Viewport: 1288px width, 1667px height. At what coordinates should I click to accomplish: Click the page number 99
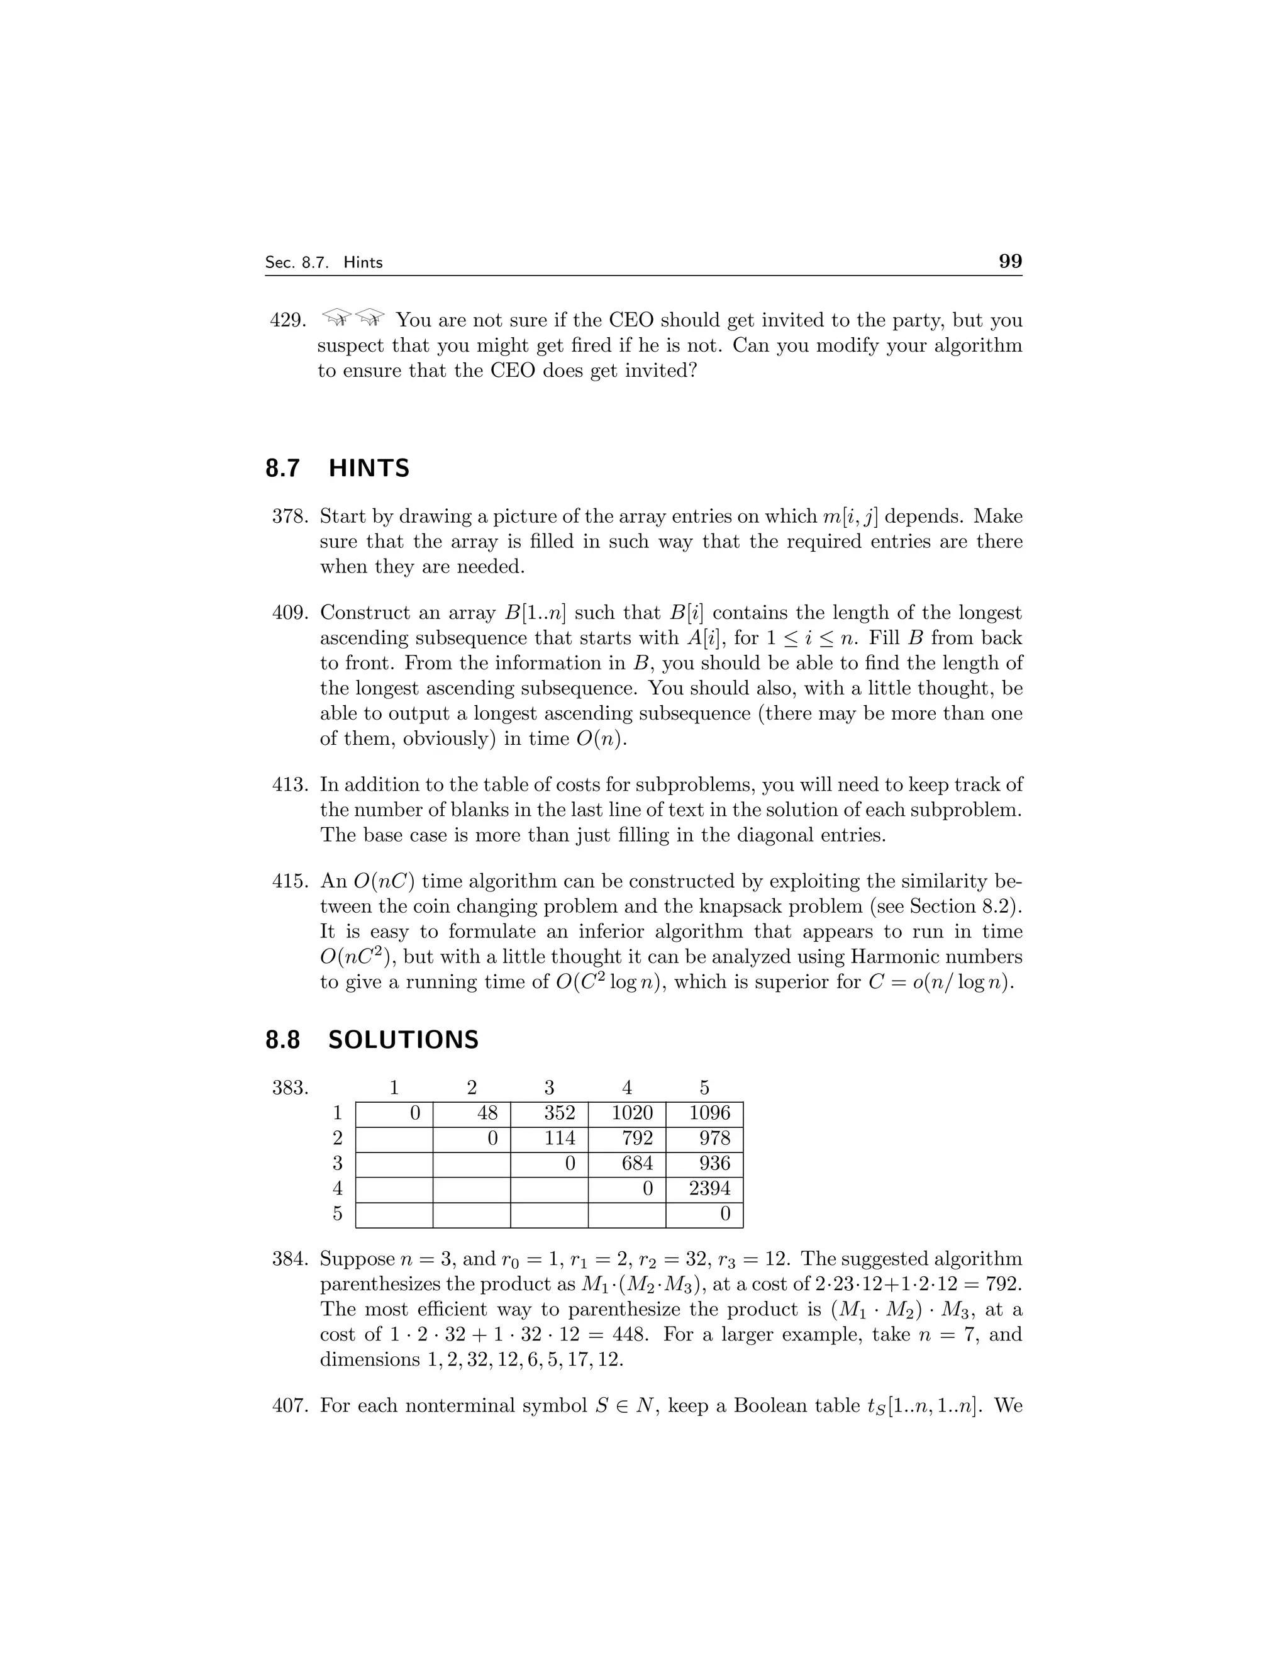click(x=1009, y=261)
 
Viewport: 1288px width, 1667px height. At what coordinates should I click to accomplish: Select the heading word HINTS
click(x=369, y=468)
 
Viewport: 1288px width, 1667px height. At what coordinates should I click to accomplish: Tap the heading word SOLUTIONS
click(x=403, y=1040)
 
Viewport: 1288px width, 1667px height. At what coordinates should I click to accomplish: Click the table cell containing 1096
click(x=704, y=1113)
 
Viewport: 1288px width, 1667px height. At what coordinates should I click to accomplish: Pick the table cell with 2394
click(x=704, y=1188)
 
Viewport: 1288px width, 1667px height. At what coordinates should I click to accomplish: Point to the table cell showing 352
click(x=550, y=1113)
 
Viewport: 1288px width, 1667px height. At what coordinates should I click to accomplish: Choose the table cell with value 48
click(x=472, y=1113)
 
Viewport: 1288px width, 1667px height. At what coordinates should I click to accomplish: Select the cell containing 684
click(x=626, y=1163)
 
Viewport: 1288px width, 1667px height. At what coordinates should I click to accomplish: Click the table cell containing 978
click(x=704, y=1138)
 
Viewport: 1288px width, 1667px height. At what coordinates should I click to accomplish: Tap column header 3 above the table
click(x=550, y=1088)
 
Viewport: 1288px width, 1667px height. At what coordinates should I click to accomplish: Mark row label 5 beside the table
click(x=337, y=1213)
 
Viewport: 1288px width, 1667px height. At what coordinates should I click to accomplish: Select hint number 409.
click(x=290, y=613)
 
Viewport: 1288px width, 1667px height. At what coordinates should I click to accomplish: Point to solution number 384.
click(x=290, y=1259)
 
